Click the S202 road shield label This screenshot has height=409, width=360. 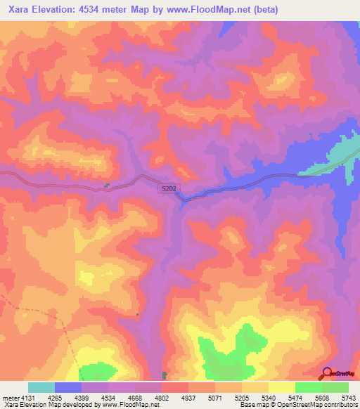click(168, 189)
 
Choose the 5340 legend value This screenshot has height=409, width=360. click(269, 398)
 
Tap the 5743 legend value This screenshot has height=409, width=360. click(348, 398)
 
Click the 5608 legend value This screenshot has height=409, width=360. click(322, 398)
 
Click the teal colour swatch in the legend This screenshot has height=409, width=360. click(41, 387)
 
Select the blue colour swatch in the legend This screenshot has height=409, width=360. click(68, 387)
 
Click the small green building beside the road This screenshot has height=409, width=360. click(107, 186)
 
